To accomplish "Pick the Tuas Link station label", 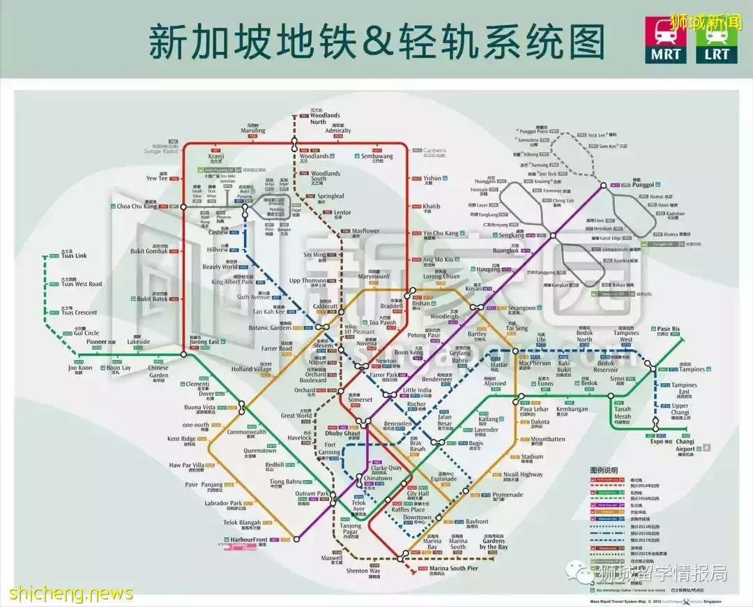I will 74,256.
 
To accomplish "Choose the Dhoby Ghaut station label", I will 343,433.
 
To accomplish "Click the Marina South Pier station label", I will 453,569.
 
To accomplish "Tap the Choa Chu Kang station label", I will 137,207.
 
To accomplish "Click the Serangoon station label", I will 522,308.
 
